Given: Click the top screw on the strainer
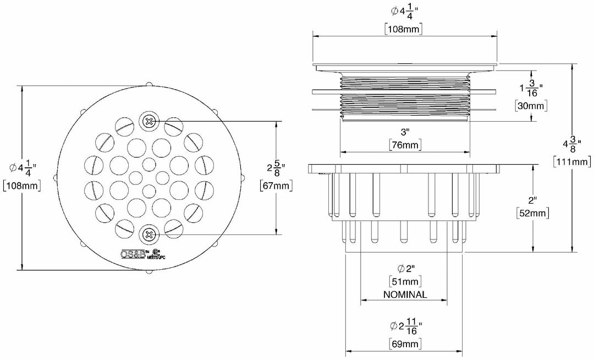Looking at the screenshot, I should pyautogui.click(x=148, y=121).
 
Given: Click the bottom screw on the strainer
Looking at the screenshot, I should pyautogui.click(x=148, y=235).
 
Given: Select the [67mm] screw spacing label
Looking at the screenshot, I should pyautogui.click(x=275, y=186).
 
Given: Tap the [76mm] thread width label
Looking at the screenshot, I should pyautogui.click(x=405, y=145).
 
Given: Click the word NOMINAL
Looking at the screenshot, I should pyautogui.click(x=405, y=294).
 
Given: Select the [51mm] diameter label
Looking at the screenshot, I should pyautogui.click(x=405, y=282).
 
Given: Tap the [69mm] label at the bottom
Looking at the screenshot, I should pyautogui.click(x=405, y=344).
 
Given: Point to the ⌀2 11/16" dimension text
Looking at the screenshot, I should pyautogui.click(x=405, y=326).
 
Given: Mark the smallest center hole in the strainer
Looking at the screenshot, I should pyautogui.click(x=148, y=163).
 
